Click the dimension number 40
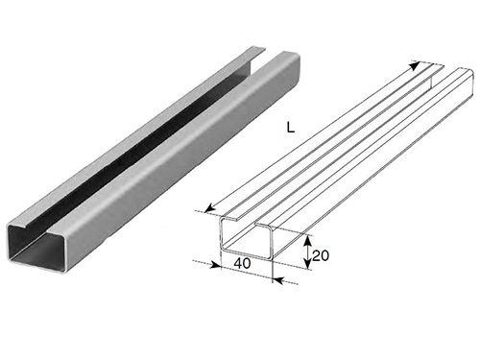click(x=242, y=263)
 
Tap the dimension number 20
click(x=321, y=255)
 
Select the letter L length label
click(x=290, y=128)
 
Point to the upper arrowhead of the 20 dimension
click(x=307, y=240)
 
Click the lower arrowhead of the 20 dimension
click(x=307, y=263)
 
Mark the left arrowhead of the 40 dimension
click(x=216, y=265)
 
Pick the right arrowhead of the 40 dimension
click(x=278, y=280)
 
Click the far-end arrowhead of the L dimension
click(x=415, y=66)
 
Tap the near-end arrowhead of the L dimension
click(x=209, y=208)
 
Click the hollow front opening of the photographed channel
click(x=36, y=248)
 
